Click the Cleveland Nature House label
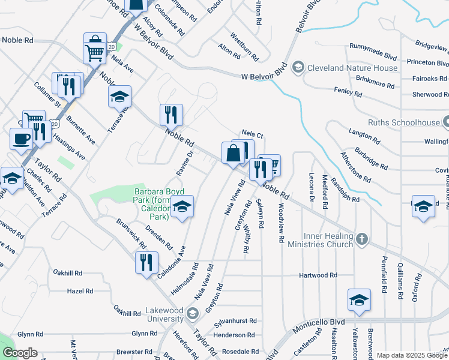[352, 68]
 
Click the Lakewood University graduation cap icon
[192, 312]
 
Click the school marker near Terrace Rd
[119, 96]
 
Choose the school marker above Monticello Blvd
[359, 300]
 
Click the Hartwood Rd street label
[319, 275]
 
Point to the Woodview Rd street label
[281, 222]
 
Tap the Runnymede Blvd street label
[373, 52]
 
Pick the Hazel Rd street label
[80, 290]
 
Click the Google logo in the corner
[19, 353]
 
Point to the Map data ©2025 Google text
[411, 355]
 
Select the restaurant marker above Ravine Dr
[171, 115]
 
